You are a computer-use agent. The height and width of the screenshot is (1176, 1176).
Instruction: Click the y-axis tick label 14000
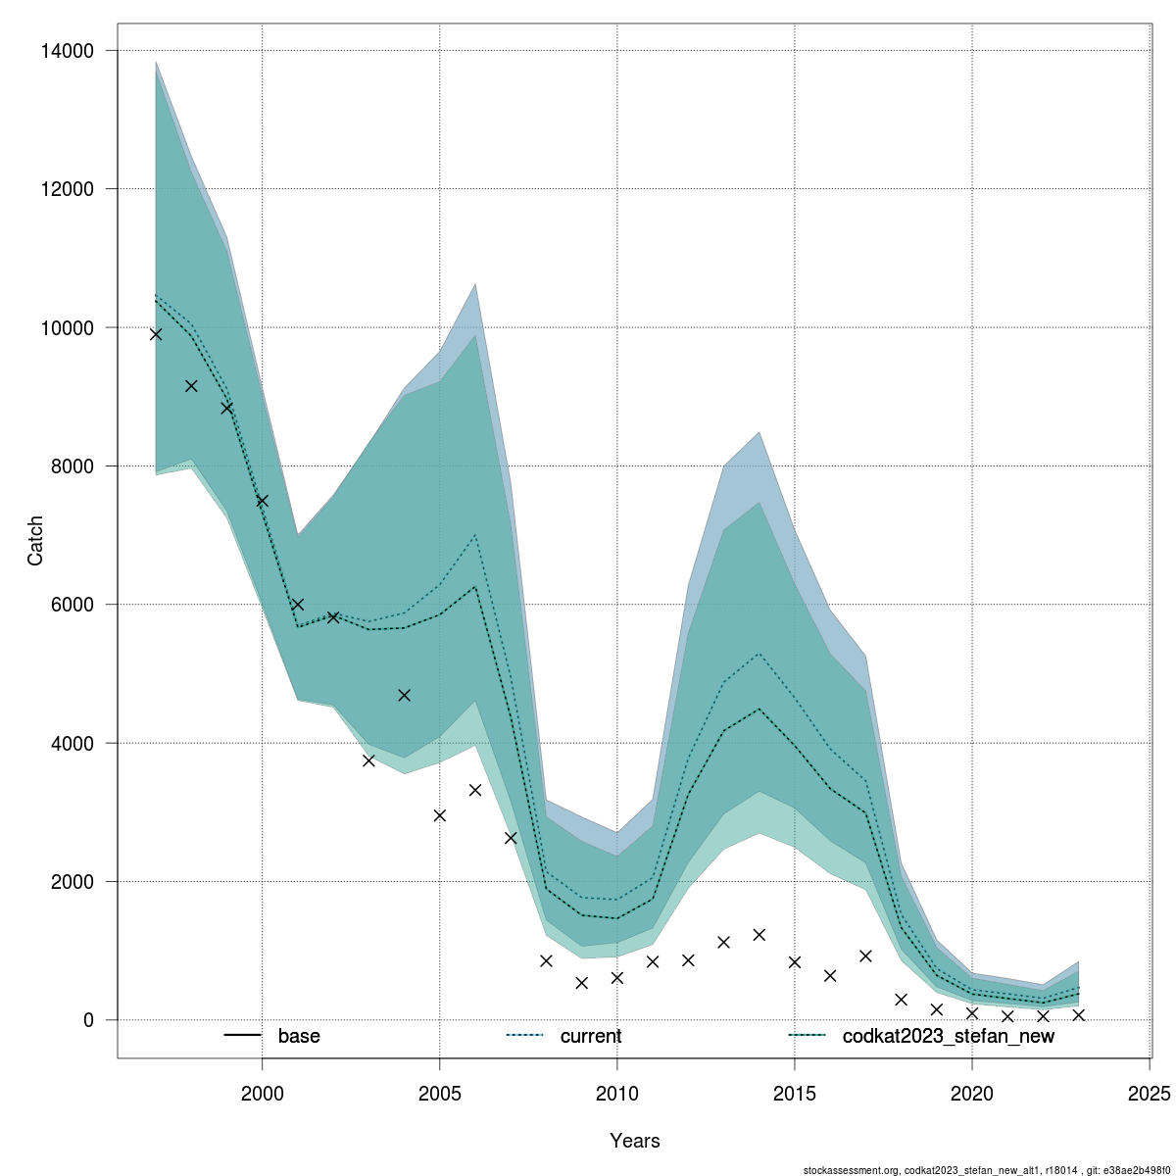(66, 51)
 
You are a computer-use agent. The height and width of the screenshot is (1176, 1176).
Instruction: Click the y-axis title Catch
(35, 540)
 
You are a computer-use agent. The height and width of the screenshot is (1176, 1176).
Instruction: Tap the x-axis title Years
(634, 1141)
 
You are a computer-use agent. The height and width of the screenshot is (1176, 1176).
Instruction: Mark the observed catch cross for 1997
(156, 334)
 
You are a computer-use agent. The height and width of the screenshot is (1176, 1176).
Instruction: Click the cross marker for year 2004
(404, 695)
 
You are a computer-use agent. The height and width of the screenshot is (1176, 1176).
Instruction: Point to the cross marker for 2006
(475, 790)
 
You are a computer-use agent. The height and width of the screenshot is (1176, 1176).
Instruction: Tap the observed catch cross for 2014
(759, 935)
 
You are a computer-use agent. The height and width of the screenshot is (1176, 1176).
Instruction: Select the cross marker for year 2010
(617, 978)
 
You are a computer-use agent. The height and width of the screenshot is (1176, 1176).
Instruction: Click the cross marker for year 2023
(1078, 1015)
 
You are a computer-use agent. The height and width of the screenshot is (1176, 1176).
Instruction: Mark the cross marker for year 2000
(262, 501)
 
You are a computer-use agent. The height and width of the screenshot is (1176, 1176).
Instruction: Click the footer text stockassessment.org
(851, 1170)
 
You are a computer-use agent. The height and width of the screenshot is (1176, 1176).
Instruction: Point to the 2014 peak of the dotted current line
(759, 653)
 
